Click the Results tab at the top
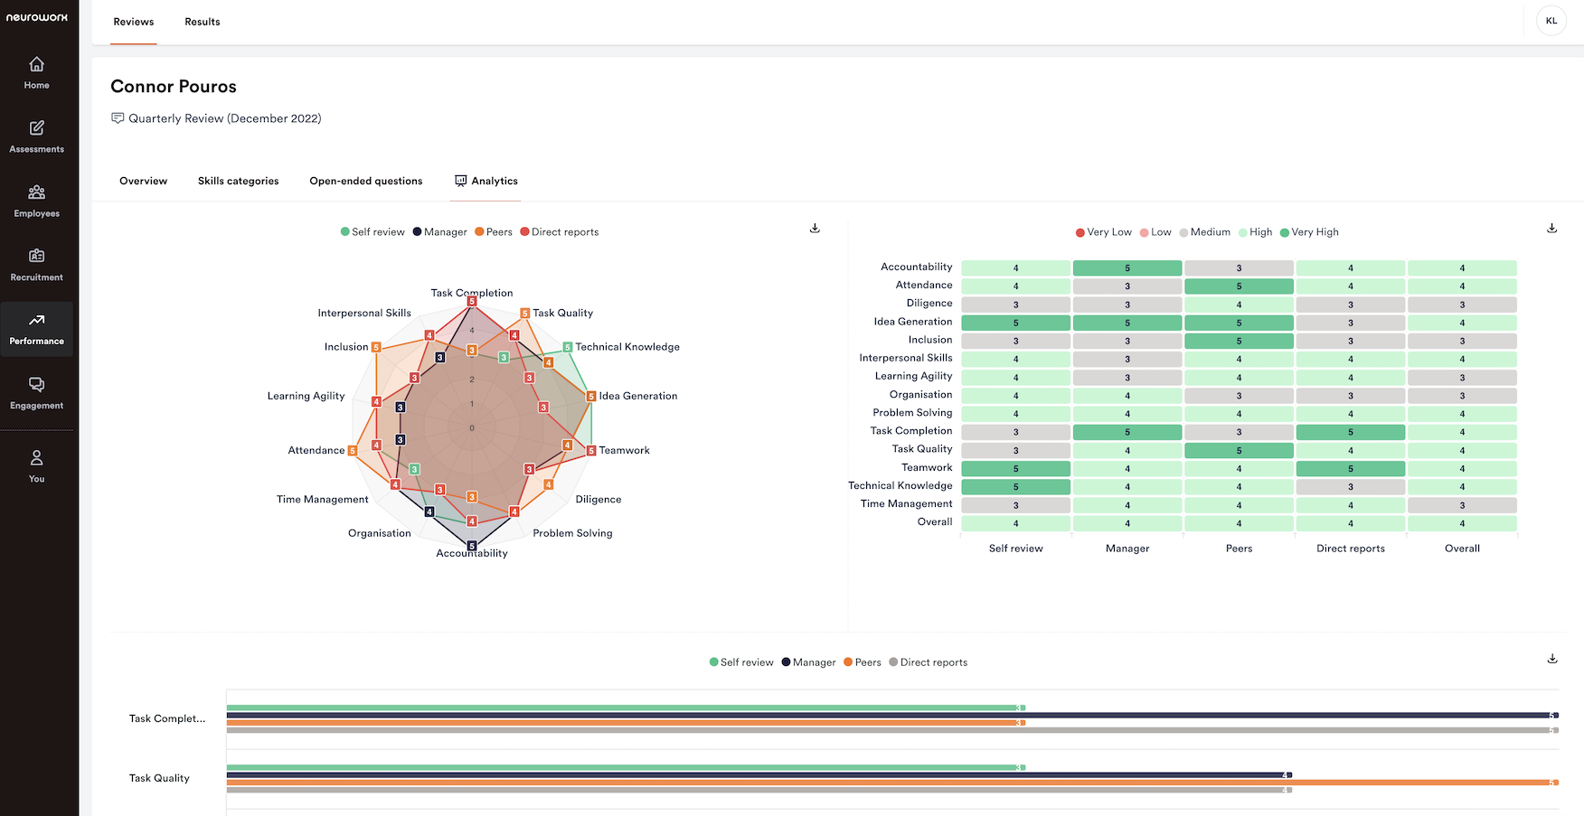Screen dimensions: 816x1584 click(x=203, y=22)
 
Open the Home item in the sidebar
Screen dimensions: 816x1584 click(x=36, y=73)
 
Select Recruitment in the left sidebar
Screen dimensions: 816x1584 click(x=36, y=265)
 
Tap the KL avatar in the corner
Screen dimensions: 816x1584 click(x=1551, y=21)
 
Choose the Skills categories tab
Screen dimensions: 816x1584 click(x=238, y=181)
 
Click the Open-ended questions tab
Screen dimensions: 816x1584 click(x=365, y=181)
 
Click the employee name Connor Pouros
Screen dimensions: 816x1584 click(x=174, y=87)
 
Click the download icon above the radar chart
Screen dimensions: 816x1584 click(x=815, y=229)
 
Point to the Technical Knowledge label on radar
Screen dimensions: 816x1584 click(x=627, y=347)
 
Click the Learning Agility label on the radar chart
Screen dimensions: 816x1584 click(x=306, y=396)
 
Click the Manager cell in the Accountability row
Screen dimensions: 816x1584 click(x=1127, y=268)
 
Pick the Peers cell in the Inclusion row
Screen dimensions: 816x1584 click(x=1239, y=342)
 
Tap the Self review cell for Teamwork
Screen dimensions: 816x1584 click(x=1015, y=469)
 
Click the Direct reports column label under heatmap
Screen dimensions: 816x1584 click(x=1350, y=549)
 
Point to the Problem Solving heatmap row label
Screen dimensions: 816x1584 click(x=912, y=413)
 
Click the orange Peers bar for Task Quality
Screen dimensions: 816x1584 click(x=891, y=783)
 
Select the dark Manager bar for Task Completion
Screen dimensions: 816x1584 click(x=891, y=716)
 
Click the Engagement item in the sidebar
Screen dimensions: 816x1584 click(x=36, y=393)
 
